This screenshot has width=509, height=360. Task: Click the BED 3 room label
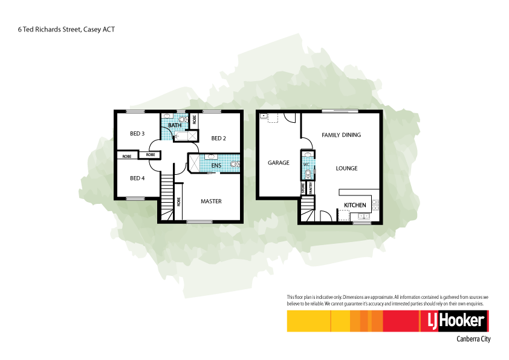pyautogui.click(x=137, y=134)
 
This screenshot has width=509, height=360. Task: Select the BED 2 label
pyautogui.click(x=218, y=139)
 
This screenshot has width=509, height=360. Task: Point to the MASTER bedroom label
pyautogui.click(x=211, y=201)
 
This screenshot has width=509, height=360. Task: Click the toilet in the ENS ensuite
pyautogui.click(x=234, y=163)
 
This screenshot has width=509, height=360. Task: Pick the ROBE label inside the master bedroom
pyautogui.click(x=179, y=202)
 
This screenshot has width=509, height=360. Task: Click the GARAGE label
pyautogui.click(x=279, y=163)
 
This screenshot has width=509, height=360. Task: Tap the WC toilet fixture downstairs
pyautogui.click(x=308, y=174)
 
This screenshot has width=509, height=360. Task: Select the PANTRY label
pyautogui.click(x=311, y=189)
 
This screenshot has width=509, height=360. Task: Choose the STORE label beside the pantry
pyautogui.click(x=303, y=189)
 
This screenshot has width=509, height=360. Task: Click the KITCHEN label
pyautogui.click(x=355, y=206)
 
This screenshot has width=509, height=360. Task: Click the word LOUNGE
pyautogui.click(x=346, y=168)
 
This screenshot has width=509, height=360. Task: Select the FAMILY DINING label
pyautogui.click(x=341, y=135)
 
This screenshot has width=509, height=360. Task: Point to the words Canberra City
pyautogui.click(x=473, y=339)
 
